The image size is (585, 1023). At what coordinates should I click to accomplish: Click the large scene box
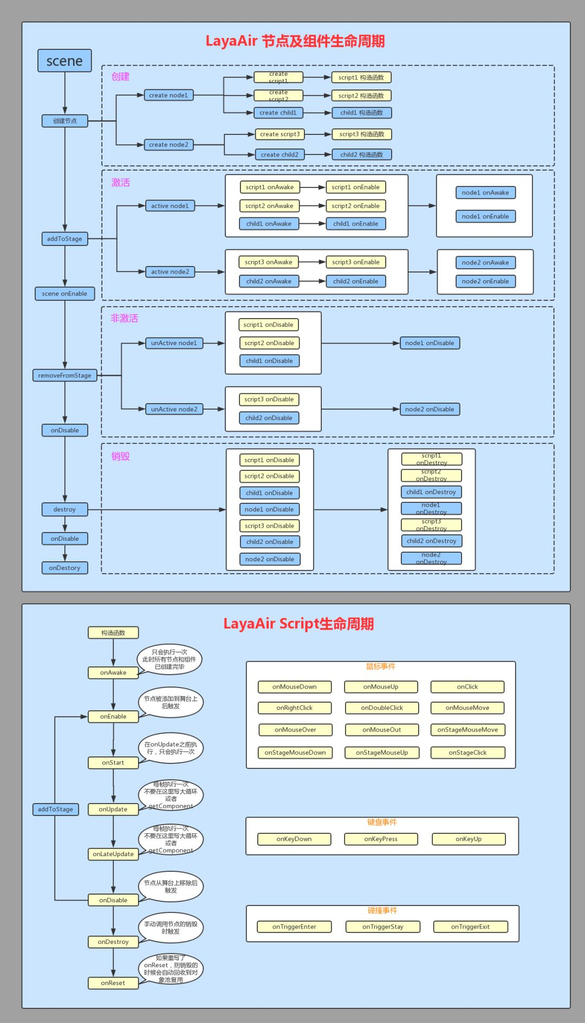(x=64, y=61)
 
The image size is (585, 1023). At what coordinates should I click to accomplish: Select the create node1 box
(x=168, y=95)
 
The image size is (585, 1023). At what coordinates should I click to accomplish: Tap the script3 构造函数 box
(x=361, y=134)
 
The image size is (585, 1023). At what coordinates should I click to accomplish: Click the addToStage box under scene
(x=64, y=239)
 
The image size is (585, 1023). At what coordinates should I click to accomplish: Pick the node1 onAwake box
(x=485, y=193)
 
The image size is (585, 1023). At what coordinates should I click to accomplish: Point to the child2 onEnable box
(x=355, y=281)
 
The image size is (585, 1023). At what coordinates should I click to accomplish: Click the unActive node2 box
(x=174, y=409)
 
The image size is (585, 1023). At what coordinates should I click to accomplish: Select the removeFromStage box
(x=64, y=375)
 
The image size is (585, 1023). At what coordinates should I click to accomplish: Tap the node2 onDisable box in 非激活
(x=430, y=409)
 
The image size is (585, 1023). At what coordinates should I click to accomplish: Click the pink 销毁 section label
(x=120, y=456)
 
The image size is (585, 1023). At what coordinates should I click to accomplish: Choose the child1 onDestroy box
(x=431, y=492)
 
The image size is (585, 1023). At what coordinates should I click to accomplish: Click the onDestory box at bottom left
(x=64, y=568)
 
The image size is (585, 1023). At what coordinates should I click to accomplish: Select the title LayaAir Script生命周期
(x=298, y=624)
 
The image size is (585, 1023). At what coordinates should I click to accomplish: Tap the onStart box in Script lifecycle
(x=113, y=763)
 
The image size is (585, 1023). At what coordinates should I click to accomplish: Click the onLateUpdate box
(x=113, y=854)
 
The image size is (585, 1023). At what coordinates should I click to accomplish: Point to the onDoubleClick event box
(x=382, y=708)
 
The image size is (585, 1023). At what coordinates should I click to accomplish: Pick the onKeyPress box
(x=381, y=839)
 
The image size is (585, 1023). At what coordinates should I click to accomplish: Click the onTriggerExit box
(x=470, y=927)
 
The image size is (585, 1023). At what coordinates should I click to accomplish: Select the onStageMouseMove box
(x=467, y=730)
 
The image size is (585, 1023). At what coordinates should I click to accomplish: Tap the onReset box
(x=113, y=983)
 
